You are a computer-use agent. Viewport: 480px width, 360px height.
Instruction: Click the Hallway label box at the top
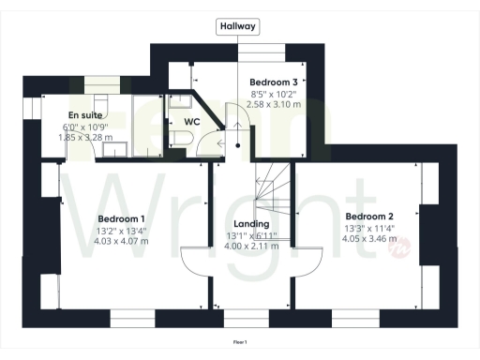[237, 26]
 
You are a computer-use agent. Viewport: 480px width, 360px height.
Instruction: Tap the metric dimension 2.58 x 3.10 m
[274, 104]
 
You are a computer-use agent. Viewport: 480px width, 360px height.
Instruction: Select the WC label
[191, 122]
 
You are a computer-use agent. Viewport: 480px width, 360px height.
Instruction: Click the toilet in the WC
[182, 139]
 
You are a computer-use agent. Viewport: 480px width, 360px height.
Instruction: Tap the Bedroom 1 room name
[120, 220]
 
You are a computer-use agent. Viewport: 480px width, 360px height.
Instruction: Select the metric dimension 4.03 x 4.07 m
[122, 240]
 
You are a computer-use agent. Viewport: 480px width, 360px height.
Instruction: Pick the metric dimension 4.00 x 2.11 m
[250, 246]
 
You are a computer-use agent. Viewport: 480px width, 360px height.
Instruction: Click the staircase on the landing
[274, 184]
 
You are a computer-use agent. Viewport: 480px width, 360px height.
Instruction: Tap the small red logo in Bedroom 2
[401, 247]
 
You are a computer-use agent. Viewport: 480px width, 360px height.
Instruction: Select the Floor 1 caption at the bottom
[240, 343]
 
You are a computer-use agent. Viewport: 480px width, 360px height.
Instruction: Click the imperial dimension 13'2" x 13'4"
[121, 230]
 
